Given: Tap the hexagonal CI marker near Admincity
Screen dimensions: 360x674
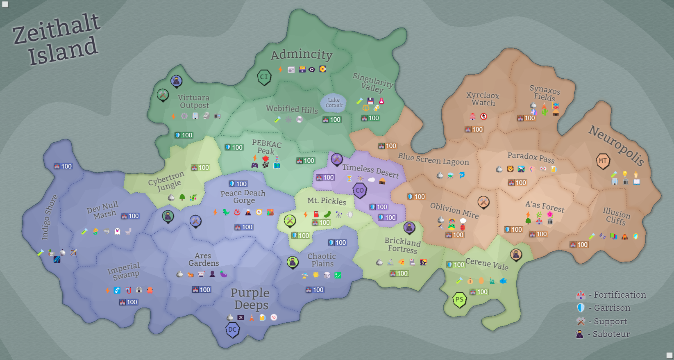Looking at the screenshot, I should point(264,77).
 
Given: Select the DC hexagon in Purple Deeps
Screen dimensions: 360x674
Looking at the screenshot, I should point(232,330).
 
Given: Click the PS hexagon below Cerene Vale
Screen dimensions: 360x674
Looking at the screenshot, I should point(459,300).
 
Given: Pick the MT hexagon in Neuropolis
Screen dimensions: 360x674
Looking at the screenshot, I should point(603,161).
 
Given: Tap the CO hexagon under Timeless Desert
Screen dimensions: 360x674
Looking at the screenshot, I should point(360,190).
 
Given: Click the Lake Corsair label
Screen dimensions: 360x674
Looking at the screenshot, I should point(334,103).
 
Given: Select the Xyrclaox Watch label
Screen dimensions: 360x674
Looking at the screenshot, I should point(483,99).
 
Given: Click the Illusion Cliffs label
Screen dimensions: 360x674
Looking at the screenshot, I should point(616,216).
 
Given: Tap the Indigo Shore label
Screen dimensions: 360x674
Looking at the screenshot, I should point(49,217).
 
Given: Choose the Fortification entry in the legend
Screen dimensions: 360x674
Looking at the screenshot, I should point(613,295).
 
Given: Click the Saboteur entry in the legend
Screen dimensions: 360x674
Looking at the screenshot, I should point(604,334).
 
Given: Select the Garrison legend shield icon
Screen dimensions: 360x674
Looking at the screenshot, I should point(581,308).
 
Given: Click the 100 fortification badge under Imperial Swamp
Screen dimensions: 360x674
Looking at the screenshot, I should point(129,302).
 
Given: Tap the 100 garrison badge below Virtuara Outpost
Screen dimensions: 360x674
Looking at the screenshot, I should point(184,135).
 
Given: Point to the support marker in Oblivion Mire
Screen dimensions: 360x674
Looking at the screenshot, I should point(483,202).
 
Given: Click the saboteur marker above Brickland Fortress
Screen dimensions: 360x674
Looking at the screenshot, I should point(409,227).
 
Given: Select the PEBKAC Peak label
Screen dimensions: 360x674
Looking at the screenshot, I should point(266,147).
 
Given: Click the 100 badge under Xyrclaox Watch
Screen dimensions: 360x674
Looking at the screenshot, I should point(474,130).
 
